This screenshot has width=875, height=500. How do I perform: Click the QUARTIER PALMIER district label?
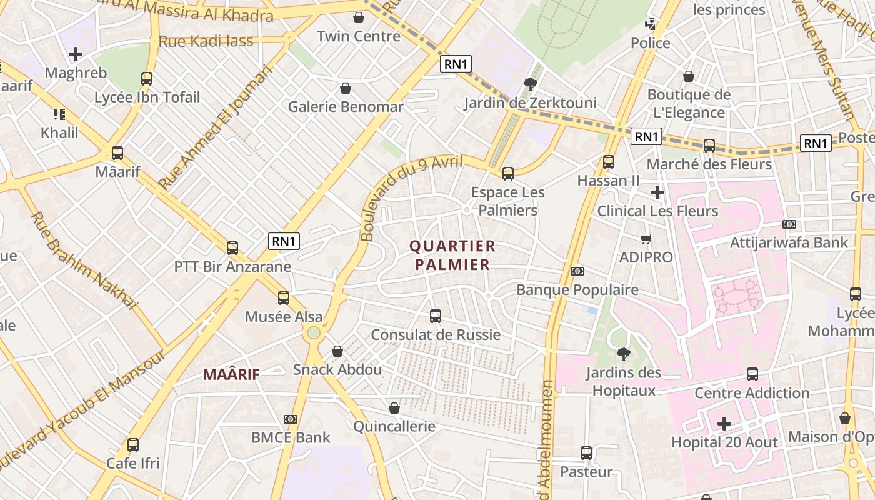click(452, 255)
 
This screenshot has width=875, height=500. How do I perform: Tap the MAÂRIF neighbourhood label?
click(231, 374)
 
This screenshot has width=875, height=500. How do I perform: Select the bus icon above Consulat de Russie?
click(436, 316)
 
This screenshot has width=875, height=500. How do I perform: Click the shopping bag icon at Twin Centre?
click(359, 17)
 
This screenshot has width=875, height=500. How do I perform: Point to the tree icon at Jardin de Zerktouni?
click(531, 84)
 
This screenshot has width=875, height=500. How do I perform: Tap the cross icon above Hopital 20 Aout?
click(724, 424)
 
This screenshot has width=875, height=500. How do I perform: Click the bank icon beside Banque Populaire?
click(577, 271)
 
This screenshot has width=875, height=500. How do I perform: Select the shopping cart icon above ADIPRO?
click(646, 239)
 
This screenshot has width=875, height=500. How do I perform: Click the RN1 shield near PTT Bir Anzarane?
click(284, 241)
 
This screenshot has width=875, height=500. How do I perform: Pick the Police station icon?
click(651, 25)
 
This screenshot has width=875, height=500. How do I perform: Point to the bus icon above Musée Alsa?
click(284, 298)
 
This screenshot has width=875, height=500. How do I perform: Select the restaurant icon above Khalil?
click(59, 114)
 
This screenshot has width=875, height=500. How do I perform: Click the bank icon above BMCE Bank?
click(291, 419)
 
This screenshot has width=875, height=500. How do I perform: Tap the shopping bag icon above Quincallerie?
click(394, 409)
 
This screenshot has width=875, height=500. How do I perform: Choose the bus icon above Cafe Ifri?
click(133, 445)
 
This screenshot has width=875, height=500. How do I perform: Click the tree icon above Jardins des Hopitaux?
click(623, 354)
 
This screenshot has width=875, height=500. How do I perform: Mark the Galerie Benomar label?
click(346, 107)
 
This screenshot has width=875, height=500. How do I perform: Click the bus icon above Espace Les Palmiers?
click(508, 174)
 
